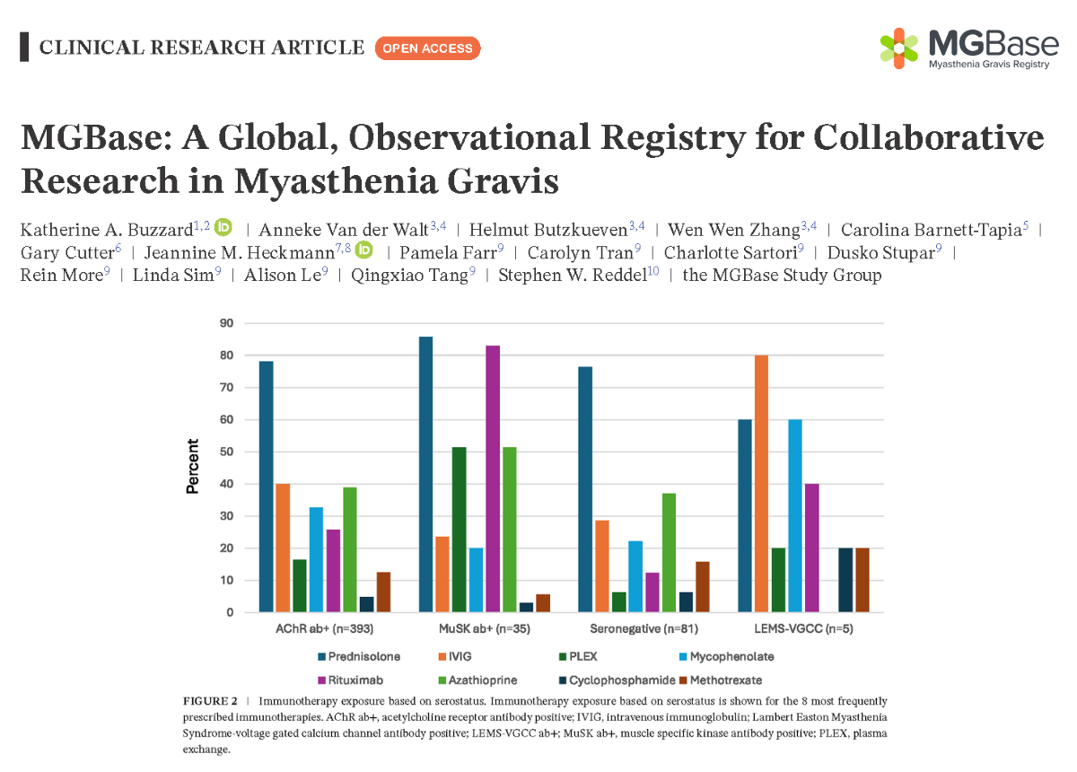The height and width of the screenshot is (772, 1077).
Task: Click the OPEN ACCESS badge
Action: (427, 48)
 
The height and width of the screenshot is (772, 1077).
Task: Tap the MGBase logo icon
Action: (898, 47)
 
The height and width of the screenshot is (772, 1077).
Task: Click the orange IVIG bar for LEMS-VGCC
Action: (761, 484)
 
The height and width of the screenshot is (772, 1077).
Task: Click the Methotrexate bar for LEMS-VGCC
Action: (862, 580)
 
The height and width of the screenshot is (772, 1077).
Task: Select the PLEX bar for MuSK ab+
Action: (460, 530)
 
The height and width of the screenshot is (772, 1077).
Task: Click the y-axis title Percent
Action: (192, 467)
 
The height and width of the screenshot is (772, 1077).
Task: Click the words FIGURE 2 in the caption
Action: (210, 700)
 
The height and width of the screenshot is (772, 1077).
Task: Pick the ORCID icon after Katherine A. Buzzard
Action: (223, 228)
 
